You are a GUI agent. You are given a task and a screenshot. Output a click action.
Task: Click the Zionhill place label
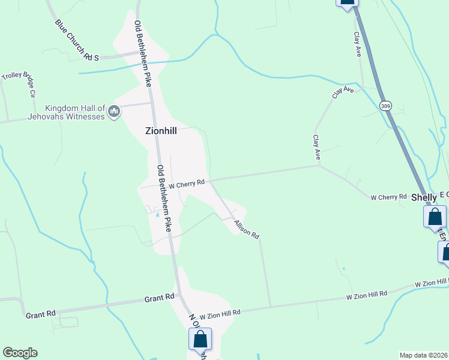pyautogui.click(x=161, y=130)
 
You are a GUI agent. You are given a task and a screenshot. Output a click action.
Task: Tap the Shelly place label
pyautogui.click(x=424, y=197)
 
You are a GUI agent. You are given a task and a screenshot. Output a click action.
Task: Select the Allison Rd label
pyautogui.click(x=246, y=227)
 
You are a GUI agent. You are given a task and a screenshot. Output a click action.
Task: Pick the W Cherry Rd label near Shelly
pyautogui.click(x=388, y=197)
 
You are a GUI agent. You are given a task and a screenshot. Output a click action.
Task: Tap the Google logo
pyautogui.click(x=20, y=352)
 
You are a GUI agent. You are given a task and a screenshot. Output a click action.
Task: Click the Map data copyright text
pyautogui.click(x=424, y=355)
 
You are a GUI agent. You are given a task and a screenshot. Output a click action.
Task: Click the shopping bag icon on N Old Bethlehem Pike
pyautogui.click(x=200, y=339)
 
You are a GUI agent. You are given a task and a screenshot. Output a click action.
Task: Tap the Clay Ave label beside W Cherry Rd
pyautogui.click(x=316, y=147)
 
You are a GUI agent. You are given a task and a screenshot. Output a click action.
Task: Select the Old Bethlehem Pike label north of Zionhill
pyautogui.click(x=142, y=44)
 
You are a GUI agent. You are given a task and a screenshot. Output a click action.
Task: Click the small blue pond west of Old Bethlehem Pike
pyautogui.click(x=157, y=214)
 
